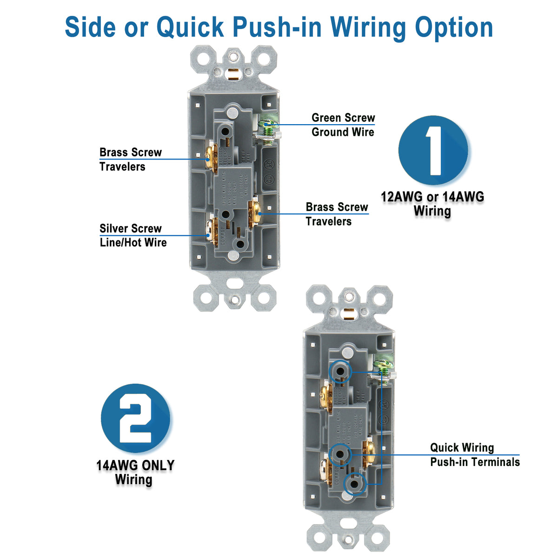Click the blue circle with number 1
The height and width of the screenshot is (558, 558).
(433, 151)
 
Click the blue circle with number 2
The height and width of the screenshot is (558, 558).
(135, 418)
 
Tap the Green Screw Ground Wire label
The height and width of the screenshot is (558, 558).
(343, 125)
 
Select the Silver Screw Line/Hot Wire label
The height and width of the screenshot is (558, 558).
(133, 235)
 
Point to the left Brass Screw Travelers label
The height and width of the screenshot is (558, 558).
(130, 159)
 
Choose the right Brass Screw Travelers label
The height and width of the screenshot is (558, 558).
(336, 214)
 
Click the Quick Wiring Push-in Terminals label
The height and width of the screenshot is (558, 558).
(474, 455)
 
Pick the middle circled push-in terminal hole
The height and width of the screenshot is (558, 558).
(339, 455)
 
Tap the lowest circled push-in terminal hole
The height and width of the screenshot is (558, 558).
(354, 484)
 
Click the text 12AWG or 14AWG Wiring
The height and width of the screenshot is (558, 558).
(432, 204)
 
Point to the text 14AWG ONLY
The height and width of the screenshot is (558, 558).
(135, 465)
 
